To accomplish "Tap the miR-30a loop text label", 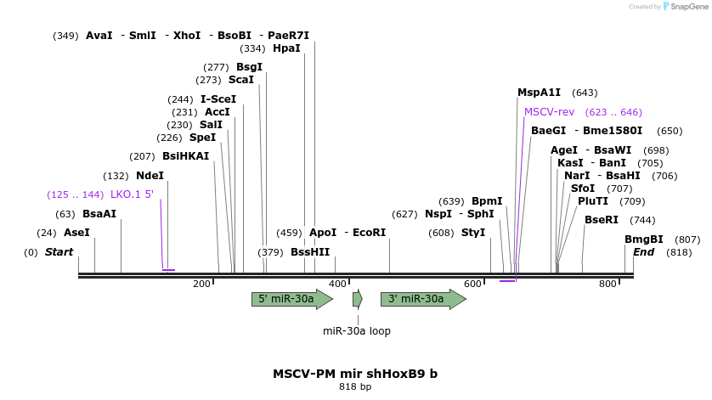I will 357,331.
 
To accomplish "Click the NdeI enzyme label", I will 150,176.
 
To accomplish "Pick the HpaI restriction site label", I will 286,48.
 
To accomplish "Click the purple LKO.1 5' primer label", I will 132,194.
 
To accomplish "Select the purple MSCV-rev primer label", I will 549,112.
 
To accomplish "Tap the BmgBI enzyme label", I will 644,239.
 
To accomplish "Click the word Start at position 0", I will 59,252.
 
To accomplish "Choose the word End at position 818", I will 643,252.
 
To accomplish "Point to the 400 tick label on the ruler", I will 337,284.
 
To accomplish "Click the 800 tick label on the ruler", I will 607,284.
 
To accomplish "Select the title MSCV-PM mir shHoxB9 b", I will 355,374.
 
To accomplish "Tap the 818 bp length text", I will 355,387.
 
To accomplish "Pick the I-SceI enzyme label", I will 218,99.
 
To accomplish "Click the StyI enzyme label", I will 473,233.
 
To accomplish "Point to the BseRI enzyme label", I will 602,220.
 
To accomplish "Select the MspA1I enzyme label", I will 539,93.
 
